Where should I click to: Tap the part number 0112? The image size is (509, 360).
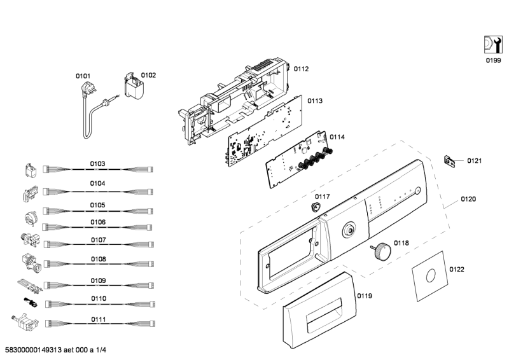[301, 69]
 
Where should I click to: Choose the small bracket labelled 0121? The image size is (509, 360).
[449, 161]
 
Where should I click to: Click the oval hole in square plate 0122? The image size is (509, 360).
[431, 276]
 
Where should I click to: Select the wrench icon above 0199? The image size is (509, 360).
[493, 45]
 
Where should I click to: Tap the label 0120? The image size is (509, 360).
[468, 199]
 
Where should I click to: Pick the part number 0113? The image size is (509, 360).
[315, 101]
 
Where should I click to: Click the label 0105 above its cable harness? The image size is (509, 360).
[98, 205]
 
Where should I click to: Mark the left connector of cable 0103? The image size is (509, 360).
[46, 169]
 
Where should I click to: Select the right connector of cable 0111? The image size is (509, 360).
[151, 323]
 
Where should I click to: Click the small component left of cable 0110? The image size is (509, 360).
[30, 303]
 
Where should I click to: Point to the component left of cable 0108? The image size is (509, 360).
[31, 263]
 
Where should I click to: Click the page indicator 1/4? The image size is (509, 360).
[101, 350]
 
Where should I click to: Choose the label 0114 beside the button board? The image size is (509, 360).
[337, 137]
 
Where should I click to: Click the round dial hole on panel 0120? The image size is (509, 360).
[349, 230]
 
